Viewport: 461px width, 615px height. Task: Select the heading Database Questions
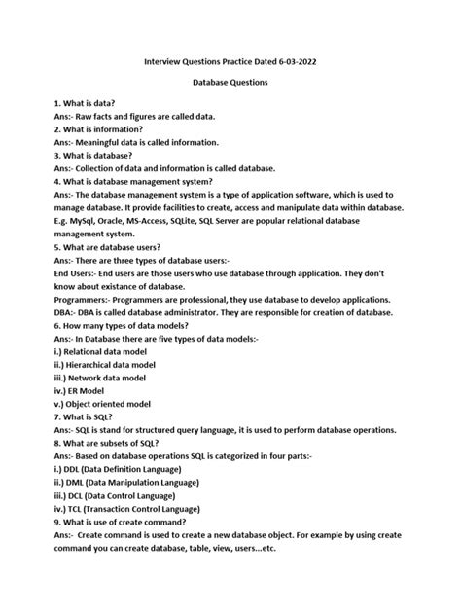[x=230, y=83]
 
